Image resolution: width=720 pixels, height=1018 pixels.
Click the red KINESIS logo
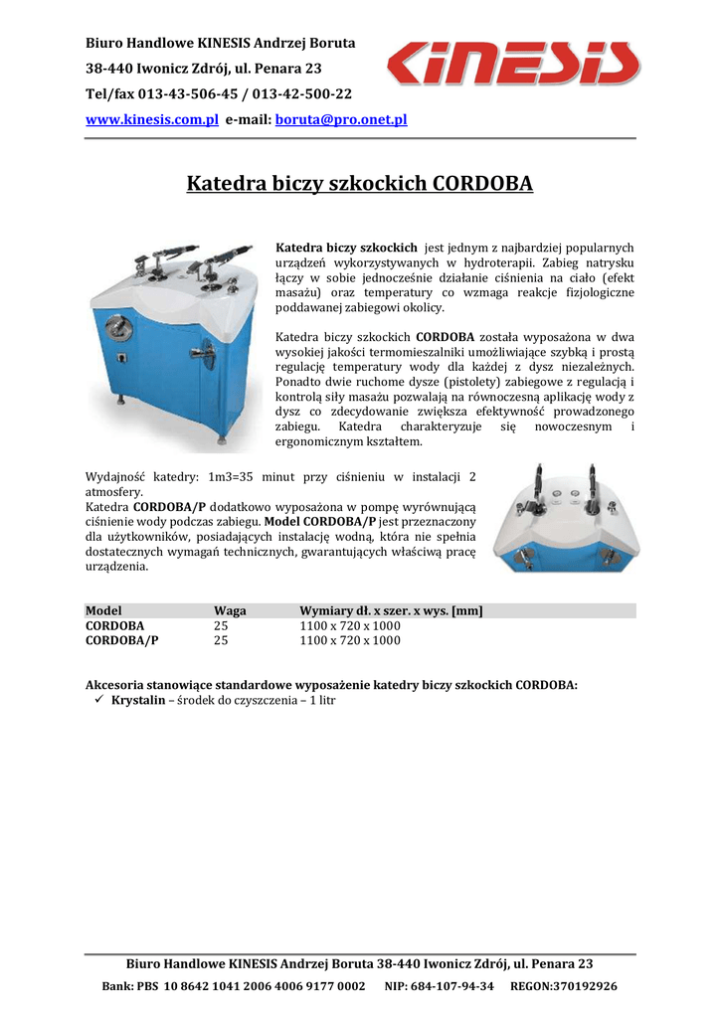click(512, 64)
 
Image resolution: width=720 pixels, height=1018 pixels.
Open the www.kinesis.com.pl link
click(152, 119)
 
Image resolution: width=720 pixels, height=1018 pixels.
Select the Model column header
click(103, 610)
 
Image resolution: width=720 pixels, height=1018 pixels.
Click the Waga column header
click(230, 610)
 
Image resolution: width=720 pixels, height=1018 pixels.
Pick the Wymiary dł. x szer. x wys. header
click(391, 610)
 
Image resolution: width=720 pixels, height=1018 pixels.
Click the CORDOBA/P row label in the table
click(121, 641)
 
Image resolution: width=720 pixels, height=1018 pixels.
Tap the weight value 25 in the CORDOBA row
click(221, 626)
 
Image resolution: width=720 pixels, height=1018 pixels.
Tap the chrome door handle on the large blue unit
click(206, 353)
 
